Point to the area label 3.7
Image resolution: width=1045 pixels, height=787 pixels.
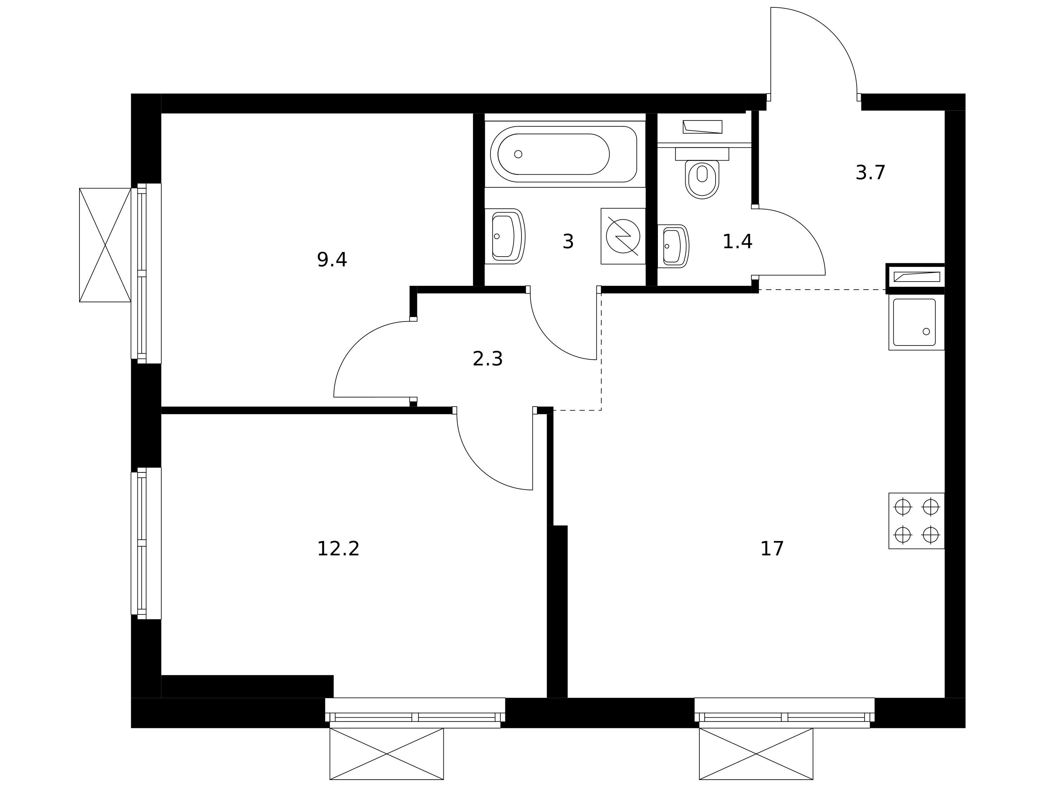pyautogui.click(x=870, y=173)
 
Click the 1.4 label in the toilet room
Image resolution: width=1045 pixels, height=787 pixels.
pyautogui.click(x=737, y=241)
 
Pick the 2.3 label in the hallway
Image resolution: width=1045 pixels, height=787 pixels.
pyautogui.click(x=488, y=359)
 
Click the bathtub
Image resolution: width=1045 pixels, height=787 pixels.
pyautogui.click(x=564, y=154)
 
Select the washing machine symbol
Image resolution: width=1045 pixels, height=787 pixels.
pyautogui.click(x=623, y=236)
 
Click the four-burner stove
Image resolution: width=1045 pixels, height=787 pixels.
pyautogui.click(x=917, y=521)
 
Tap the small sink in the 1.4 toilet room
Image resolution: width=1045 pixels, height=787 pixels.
pyautogui.click(x=673, y=246)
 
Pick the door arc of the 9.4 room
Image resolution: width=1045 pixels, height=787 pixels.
pyautogui.click(x=357, y=344)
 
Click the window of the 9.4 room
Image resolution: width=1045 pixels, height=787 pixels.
pyautogui.click(x=146, y=273)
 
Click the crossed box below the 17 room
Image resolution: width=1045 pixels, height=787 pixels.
pyautogui.click(x=756, y=754)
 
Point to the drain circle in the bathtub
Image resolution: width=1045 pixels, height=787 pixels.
pyautogui.click(x=518, y=154)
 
